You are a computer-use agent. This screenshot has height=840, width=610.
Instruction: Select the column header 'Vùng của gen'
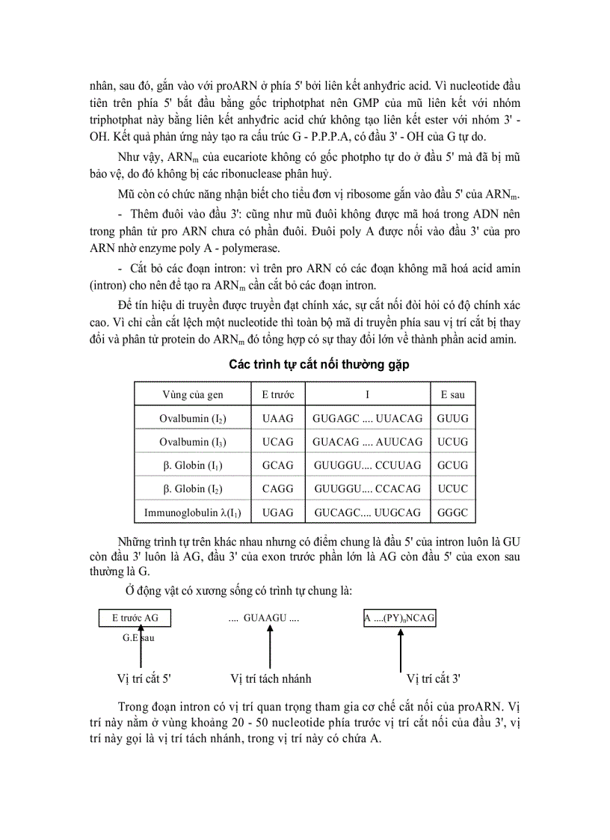pyautogui.click(x=192, y=394)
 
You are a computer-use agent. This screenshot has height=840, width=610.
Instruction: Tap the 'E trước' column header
pyautogui.click(x=277, y=394)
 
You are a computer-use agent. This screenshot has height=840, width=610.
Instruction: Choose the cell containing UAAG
pyautogui.click(x=277, y=418)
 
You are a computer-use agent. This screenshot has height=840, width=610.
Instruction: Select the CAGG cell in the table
pyautogui.click(x=277, y=489)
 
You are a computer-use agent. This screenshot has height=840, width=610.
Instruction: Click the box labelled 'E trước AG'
pyautogui.click(x=135, y=618)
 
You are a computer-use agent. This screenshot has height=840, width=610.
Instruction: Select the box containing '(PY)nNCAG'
pyautogui.click(x=401, y=619)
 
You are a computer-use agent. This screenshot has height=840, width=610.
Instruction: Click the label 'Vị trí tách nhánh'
pyautogui.click(x=271, y=679)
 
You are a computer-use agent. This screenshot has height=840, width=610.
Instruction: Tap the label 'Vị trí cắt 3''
pyautogui.click(x=433, y=679)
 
